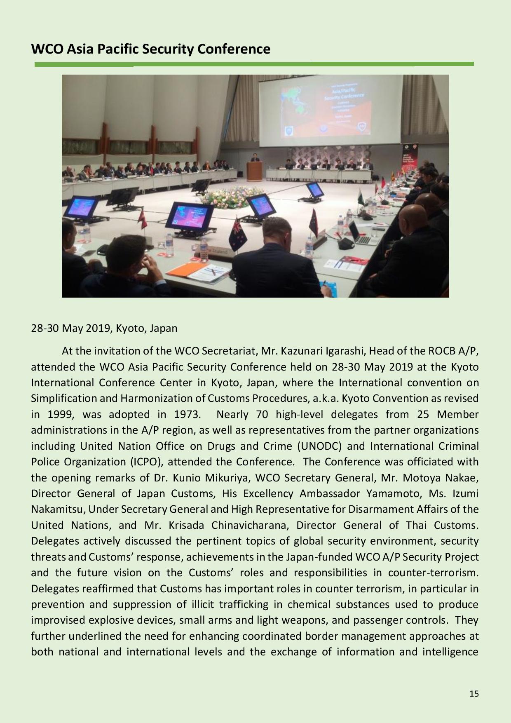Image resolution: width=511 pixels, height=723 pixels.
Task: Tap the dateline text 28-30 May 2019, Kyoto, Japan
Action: tap(104, 329)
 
